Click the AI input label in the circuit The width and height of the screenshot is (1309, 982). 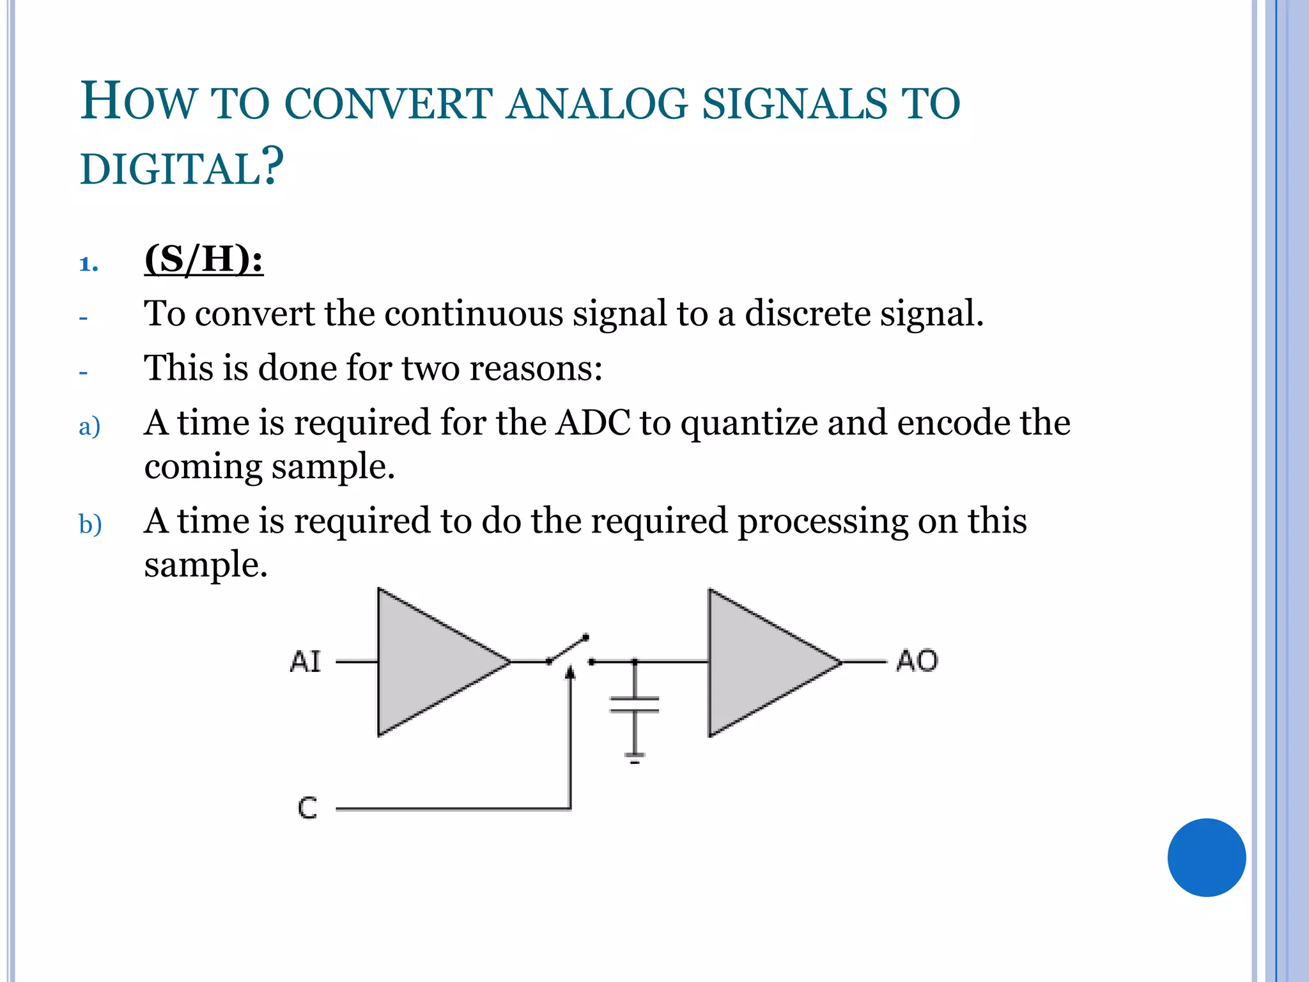(305, 662)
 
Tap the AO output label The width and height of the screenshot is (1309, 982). (917, 661)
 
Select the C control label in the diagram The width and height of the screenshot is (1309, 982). (307, 808)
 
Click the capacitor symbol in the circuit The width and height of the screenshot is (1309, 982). (634, 704)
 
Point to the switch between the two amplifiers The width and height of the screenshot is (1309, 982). (568, 651)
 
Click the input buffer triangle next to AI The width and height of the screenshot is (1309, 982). (435, 662)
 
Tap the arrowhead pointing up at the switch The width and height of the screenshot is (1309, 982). (571, 672)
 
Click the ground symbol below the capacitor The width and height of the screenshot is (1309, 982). (635, 759)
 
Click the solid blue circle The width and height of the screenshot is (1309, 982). (1206, 857)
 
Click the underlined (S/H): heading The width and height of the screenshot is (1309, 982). (204, 260)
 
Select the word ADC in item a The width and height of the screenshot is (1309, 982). (593, 423)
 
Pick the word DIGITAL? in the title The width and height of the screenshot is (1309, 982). (182, 168)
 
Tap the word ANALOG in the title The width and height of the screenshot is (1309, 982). (597, 104)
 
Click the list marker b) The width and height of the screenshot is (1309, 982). (90, 524)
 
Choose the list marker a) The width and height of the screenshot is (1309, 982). (89, 426)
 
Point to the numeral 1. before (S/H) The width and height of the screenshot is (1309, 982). (88, 264)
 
